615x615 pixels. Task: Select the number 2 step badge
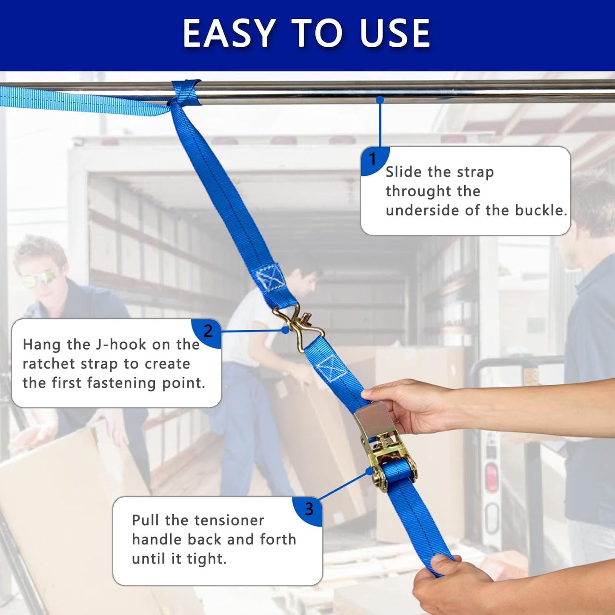click(x=208, y=331)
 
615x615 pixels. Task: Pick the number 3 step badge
click(x=309, y=509)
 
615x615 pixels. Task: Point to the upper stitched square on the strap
click(x=271, y=279)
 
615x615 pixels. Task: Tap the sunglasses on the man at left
click(x=37, y=280)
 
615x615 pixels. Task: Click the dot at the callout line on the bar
click(x=380, y=100)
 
